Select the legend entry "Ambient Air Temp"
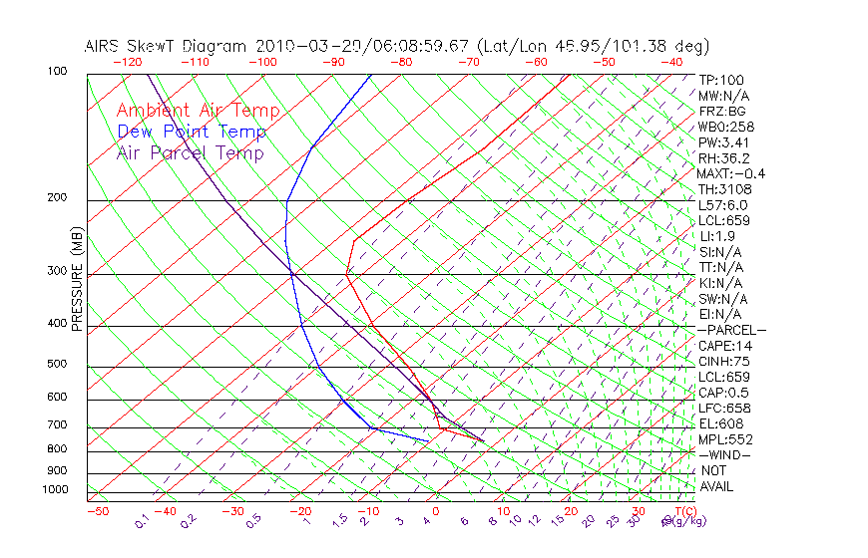point(198,111)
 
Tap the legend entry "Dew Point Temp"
point(192,132)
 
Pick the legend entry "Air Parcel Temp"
point(190,152)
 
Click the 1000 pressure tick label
point(57,489)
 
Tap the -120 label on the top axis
point(127,62)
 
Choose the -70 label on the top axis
point(468,62)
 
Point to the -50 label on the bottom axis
point(97,511)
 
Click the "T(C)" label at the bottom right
point(684,511)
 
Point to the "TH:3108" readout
point(725,189)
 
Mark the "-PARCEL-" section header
point(731,330)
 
